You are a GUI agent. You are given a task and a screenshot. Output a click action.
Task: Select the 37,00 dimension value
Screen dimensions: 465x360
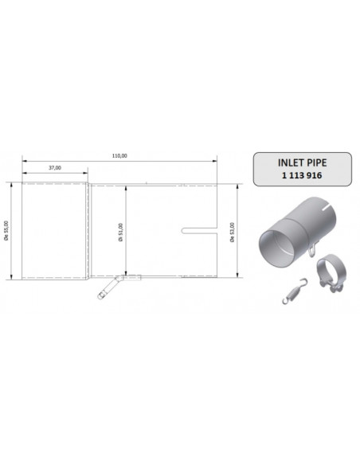click(55, 168)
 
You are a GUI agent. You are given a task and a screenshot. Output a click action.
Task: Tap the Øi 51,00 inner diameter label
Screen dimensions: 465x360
click(120, 231)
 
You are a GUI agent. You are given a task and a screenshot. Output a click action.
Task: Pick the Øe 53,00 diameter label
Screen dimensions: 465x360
click(232, 231)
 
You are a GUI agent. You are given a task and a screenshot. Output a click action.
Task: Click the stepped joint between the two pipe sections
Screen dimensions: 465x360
click(88, 231)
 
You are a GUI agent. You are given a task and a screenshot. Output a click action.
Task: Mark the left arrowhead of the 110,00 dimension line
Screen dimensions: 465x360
click(24, 162)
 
